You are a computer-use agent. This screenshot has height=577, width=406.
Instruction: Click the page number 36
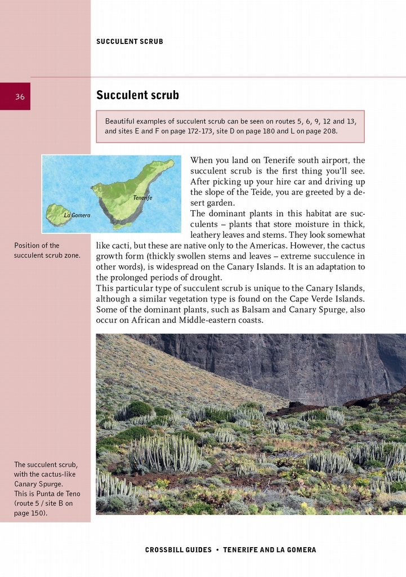point(20,97)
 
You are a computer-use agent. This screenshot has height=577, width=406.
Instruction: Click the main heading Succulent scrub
point(137,95)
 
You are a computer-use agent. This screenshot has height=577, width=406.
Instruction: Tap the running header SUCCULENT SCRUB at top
point(130,42)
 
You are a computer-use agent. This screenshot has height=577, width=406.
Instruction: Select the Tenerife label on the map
point(142,198)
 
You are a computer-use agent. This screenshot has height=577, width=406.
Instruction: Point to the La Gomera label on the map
point(77,215)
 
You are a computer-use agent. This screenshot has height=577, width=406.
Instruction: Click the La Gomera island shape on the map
point(56,214)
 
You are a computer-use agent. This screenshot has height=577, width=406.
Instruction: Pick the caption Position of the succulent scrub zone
point(47,250)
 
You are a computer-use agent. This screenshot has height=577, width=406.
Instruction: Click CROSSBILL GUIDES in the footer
point(179,550)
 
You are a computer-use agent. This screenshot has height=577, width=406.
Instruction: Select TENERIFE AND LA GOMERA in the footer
point(270,550)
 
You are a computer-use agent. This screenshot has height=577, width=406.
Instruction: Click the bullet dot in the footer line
point(217,550)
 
